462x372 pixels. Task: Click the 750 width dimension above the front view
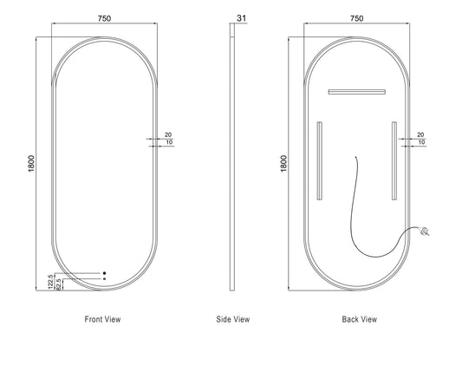[x=104, y=18]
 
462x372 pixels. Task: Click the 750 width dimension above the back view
[x=356, y=18]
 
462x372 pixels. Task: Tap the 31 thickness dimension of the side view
[x=241, y=18]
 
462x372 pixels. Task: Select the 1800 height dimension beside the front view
[x=31, y=164]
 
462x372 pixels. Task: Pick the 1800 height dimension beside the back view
[x=283, y=164]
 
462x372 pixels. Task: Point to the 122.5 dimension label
[x=50, y=282]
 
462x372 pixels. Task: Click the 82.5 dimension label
[x=58, y=284]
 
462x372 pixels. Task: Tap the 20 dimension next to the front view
[x=168, y=134]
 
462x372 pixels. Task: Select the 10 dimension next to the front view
[x=169, y=142]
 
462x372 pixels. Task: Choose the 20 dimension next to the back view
[x=420, y=134]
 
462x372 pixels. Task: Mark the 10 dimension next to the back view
[x=421, y=142]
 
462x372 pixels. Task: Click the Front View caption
[x=102, y=319]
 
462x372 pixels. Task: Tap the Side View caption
[x=233, y=319]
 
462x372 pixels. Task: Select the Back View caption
[x=360, y=319]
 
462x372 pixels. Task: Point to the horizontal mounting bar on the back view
[x=357, y=92]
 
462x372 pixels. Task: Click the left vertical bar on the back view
[x=319, y=161]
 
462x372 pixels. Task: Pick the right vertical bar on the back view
[x=394, y=161]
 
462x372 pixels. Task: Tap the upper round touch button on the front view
[x=104, y=273]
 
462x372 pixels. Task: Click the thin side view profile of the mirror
[x=232, y=157]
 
